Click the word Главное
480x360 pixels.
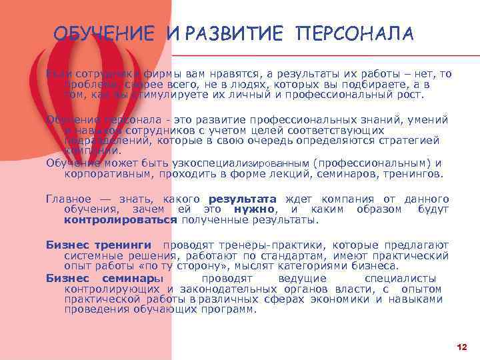coord(67,199)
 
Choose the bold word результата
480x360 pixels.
coord(243,199)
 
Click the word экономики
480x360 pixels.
coord(343,299)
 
